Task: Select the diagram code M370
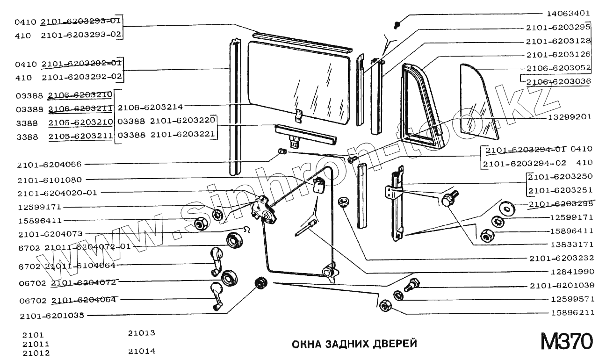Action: [566, 342]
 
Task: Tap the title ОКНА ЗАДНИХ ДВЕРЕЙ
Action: [354, 345]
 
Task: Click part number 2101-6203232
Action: [561, 258]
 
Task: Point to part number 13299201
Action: [570, 117]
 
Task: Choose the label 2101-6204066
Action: [49, 165]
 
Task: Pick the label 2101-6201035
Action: [52, 316]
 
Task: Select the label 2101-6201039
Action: [561, 285]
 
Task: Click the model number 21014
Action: [141, 351]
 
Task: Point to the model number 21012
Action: [36, 353]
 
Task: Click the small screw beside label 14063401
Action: [397, 23]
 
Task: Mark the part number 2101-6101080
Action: [49, 180]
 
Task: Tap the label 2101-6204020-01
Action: [57, 193]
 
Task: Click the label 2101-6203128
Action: [561, 41]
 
